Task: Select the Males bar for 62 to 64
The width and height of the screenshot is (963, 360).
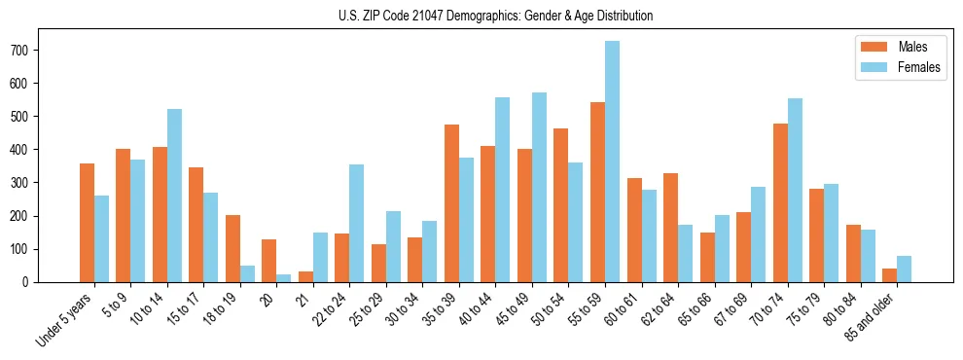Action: (x=670, y=228)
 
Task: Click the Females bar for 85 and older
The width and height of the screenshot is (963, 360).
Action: (x=904, y=269)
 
